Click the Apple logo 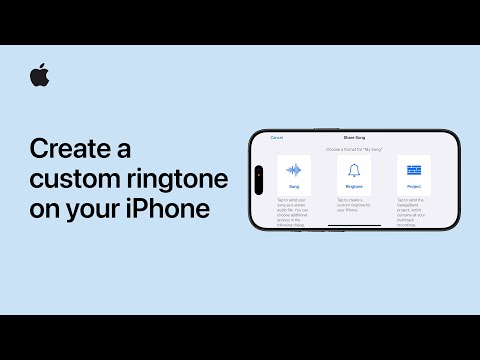click(40, 75)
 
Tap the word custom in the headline click(72, 181)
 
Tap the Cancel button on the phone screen click(277, 137)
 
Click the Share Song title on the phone click(355, 137)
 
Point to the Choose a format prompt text click(355, 147)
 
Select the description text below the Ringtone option click(354, 206)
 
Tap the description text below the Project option click(414, 210)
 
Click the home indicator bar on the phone click(355, 225)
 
